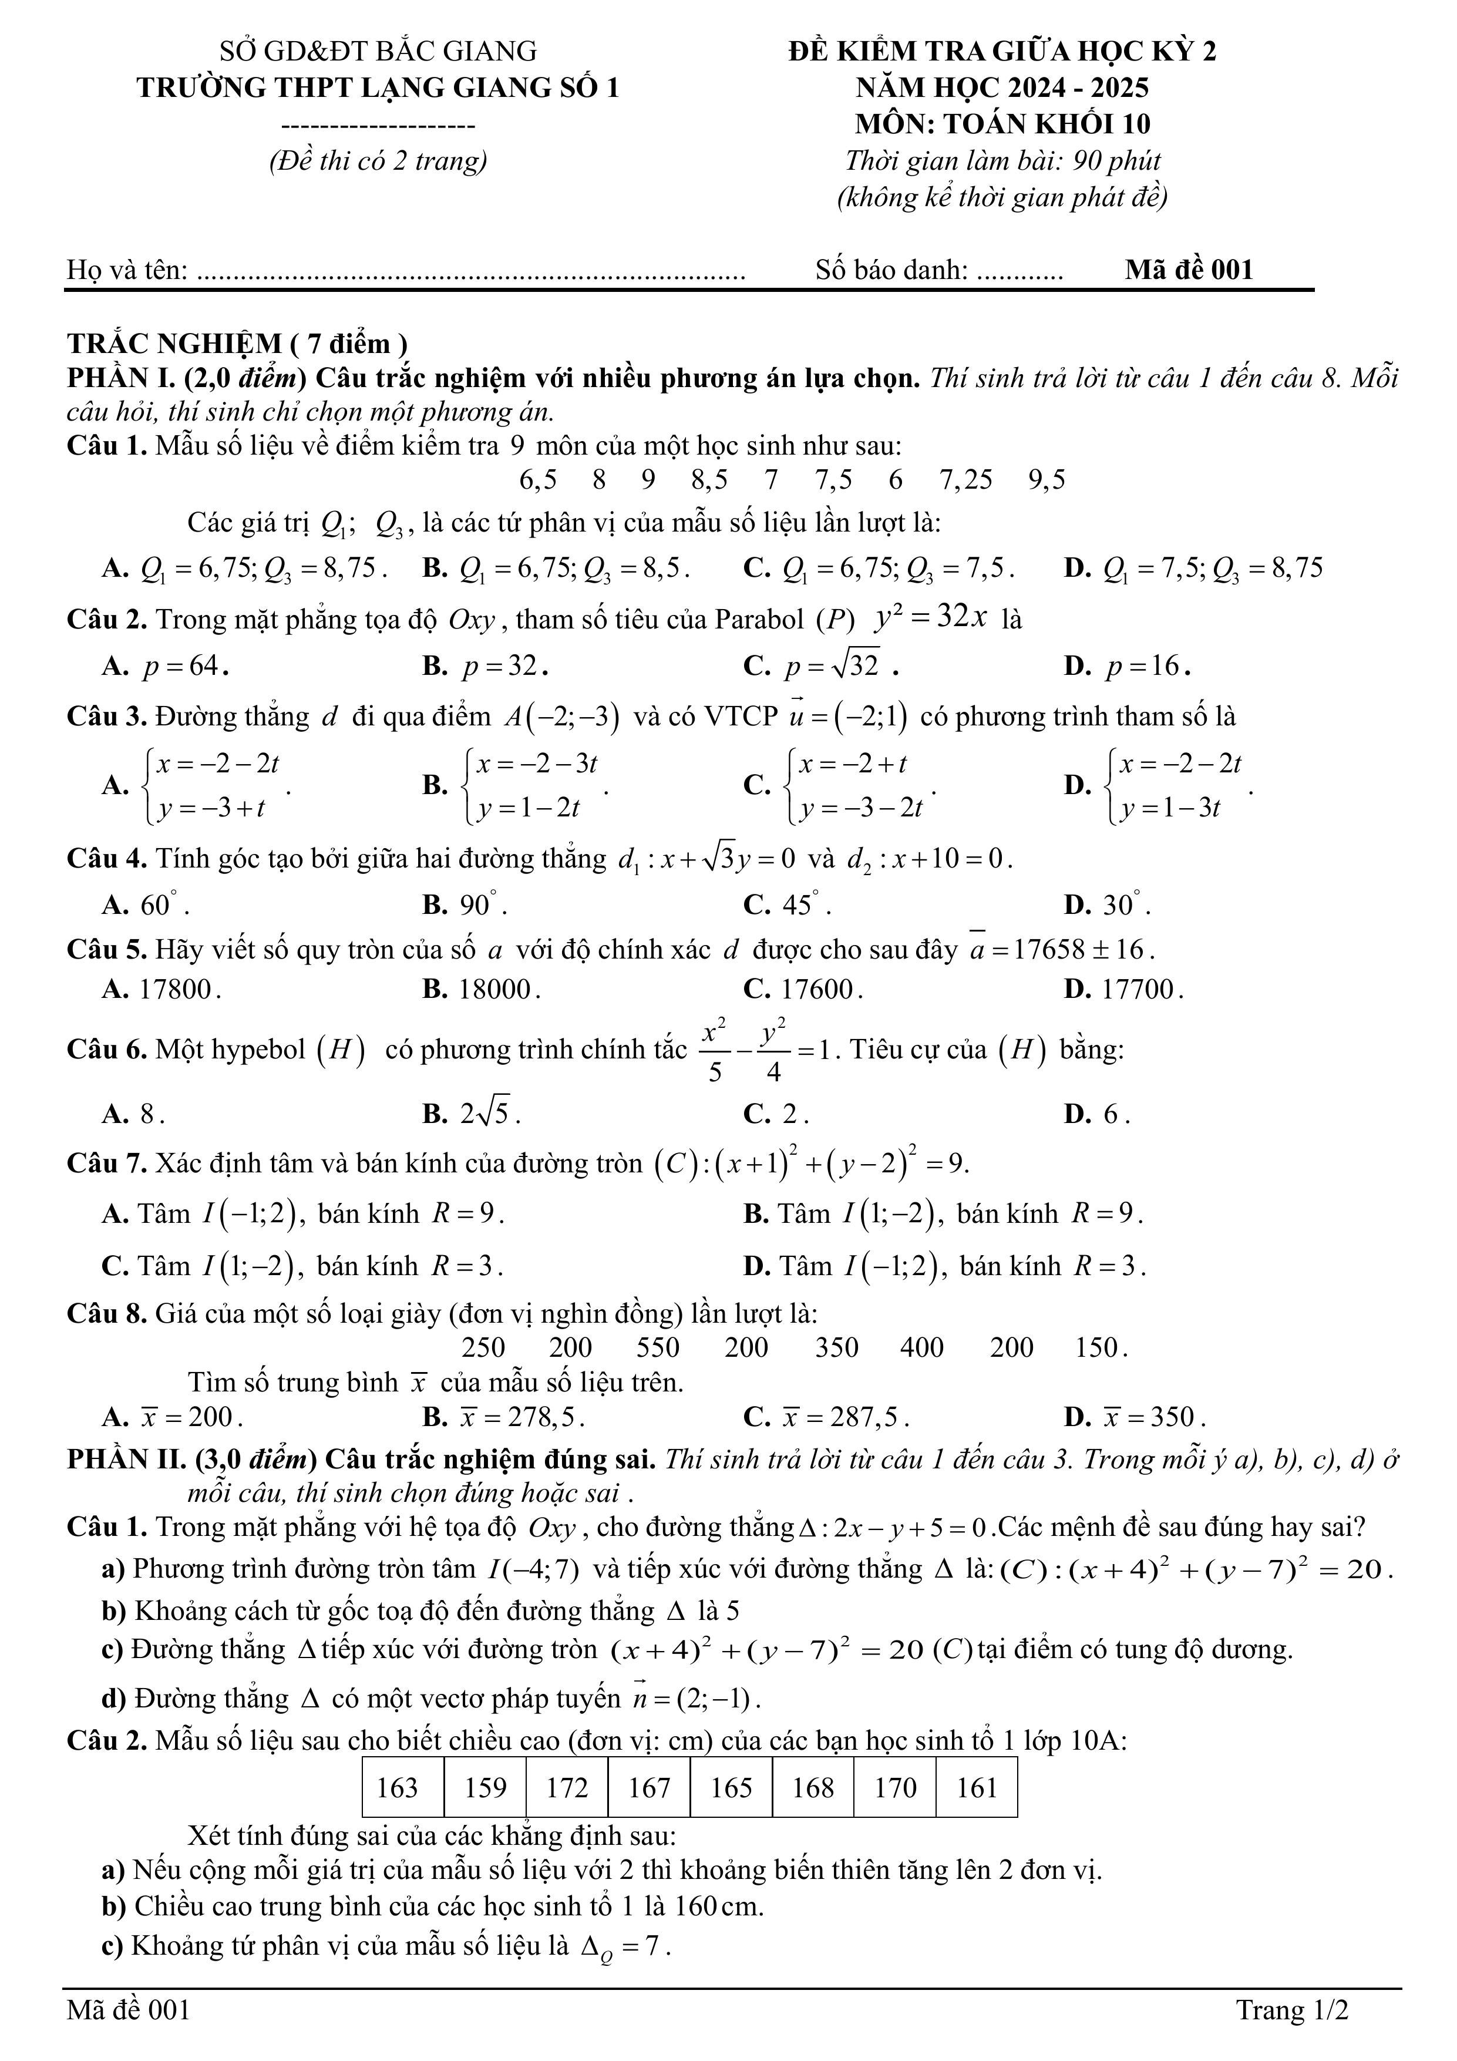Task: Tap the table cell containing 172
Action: (x=567, y=1787)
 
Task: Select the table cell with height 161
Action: (x=976, y=1787)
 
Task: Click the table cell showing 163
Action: (x=403, y=1787)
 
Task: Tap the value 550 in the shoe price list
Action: (x=658, y=1347)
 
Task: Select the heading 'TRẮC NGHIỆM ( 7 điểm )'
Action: (x=237, y=344)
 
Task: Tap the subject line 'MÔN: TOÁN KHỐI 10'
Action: (x=1002, y=124)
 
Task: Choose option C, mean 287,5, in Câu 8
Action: (x=826, y=1417)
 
